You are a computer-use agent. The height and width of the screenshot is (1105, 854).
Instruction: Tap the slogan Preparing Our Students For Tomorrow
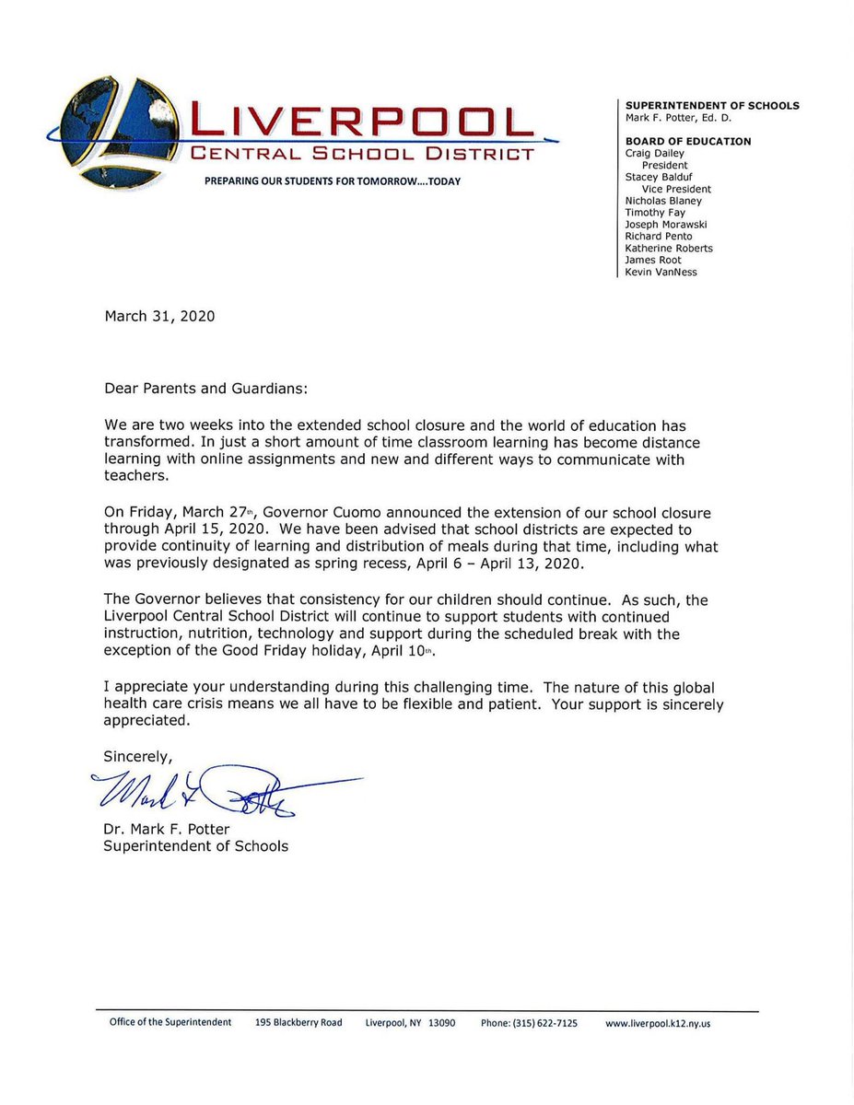coord(333,181)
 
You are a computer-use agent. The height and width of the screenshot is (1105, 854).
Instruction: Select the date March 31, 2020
coord(159,316)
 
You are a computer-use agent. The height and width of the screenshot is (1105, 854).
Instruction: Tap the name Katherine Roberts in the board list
coord(668,248)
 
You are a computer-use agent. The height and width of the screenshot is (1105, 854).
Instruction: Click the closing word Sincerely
coord(137,756)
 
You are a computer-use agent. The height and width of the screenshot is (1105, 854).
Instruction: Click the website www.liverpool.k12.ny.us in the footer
coord(658,1023)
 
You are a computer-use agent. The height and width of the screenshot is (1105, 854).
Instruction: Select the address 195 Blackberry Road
coord(298,1023)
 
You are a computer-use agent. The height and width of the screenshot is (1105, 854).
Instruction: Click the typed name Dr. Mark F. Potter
coord(169,829)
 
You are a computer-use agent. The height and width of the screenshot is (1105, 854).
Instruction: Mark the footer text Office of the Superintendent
coord(170,1023)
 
